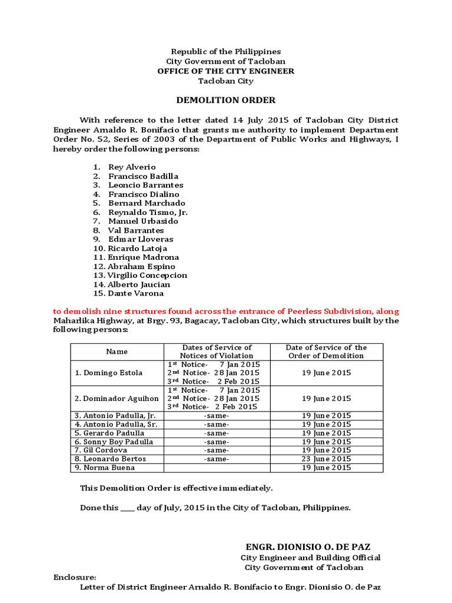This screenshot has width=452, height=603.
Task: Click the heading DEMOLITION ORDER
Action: click(226, 100)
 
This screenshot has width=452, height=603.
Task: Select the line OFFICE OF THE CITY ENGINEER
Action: click(226, 71)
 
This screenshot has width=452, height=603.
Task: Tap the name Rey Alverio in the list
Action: click(132, 167)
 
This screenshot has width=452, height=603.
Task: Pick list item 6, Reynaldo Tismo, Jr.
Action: click(148, 212)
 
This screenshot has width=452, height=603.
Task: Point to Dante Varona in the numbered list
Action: click(136, 293)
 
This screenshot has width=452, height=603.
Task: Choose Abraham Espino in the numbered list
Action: click(141, 266)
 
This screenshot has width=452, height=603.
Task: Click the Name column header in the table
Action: click(117, 352)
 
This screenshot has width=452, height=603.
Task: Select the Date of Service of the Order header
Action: click(326, 352)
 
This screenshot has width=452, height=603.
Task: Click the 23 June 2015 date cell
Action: click(326, 459)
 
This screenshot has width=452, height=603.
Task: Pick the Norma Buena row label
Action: click(105, 468)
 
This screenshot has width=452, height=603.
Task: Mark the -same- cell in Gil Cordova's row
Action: click(217, 450)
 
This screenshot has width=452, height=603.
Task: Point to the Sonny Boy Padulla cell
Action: click(114, 442)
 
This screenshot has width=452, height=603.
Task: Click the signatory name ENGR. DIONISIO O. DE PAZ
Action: click(308, 546)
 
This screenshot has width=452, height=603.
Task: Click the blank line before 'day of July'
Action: click(127, 508)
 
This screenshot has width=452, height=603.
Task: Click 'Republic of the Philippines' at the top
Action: click(226, 52)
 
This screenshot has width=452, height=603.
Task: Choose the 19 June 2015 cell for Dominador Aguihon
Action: click(326, 399)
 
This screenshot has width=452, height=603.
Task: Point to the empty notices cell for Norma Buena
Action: click(217, 468)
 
